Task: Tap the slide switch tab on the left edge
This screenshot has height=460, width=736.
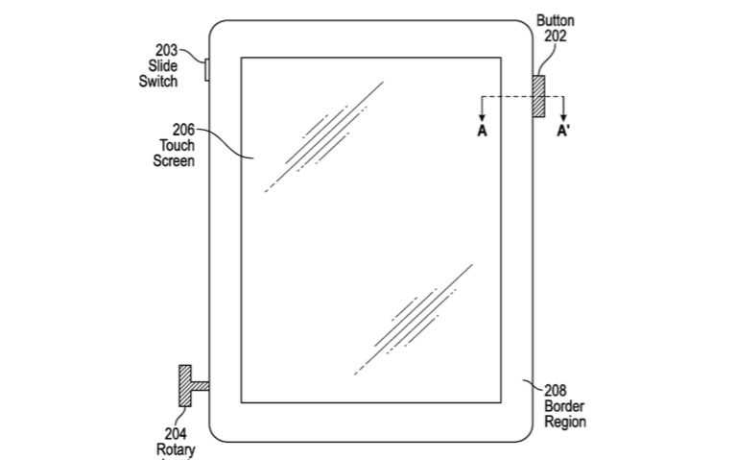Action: click(206, 69)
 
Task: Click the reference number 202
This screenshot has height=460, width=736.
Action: click(556, 36)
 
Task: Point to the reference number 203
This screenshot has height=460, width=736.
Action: click(166, 50)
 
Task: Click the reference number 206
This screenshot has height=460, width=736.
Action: click(183, 130)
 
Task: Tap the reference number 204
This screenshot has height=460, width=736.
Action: click(176, 433)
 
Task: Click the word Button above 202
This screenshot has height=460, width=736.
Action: click(556, 20)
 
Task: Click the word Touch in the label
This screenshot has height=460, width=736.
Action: click(178, 145)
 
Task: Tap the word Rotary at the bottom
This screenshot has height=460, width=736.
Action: click(176, 449)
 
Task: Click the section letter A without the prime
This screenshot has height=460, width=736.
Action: click(482, 132)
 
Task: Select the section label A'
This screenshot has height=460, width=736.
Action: click(563, 132)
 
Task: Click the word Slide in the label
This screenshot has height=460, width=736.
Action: click(163, 65)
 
